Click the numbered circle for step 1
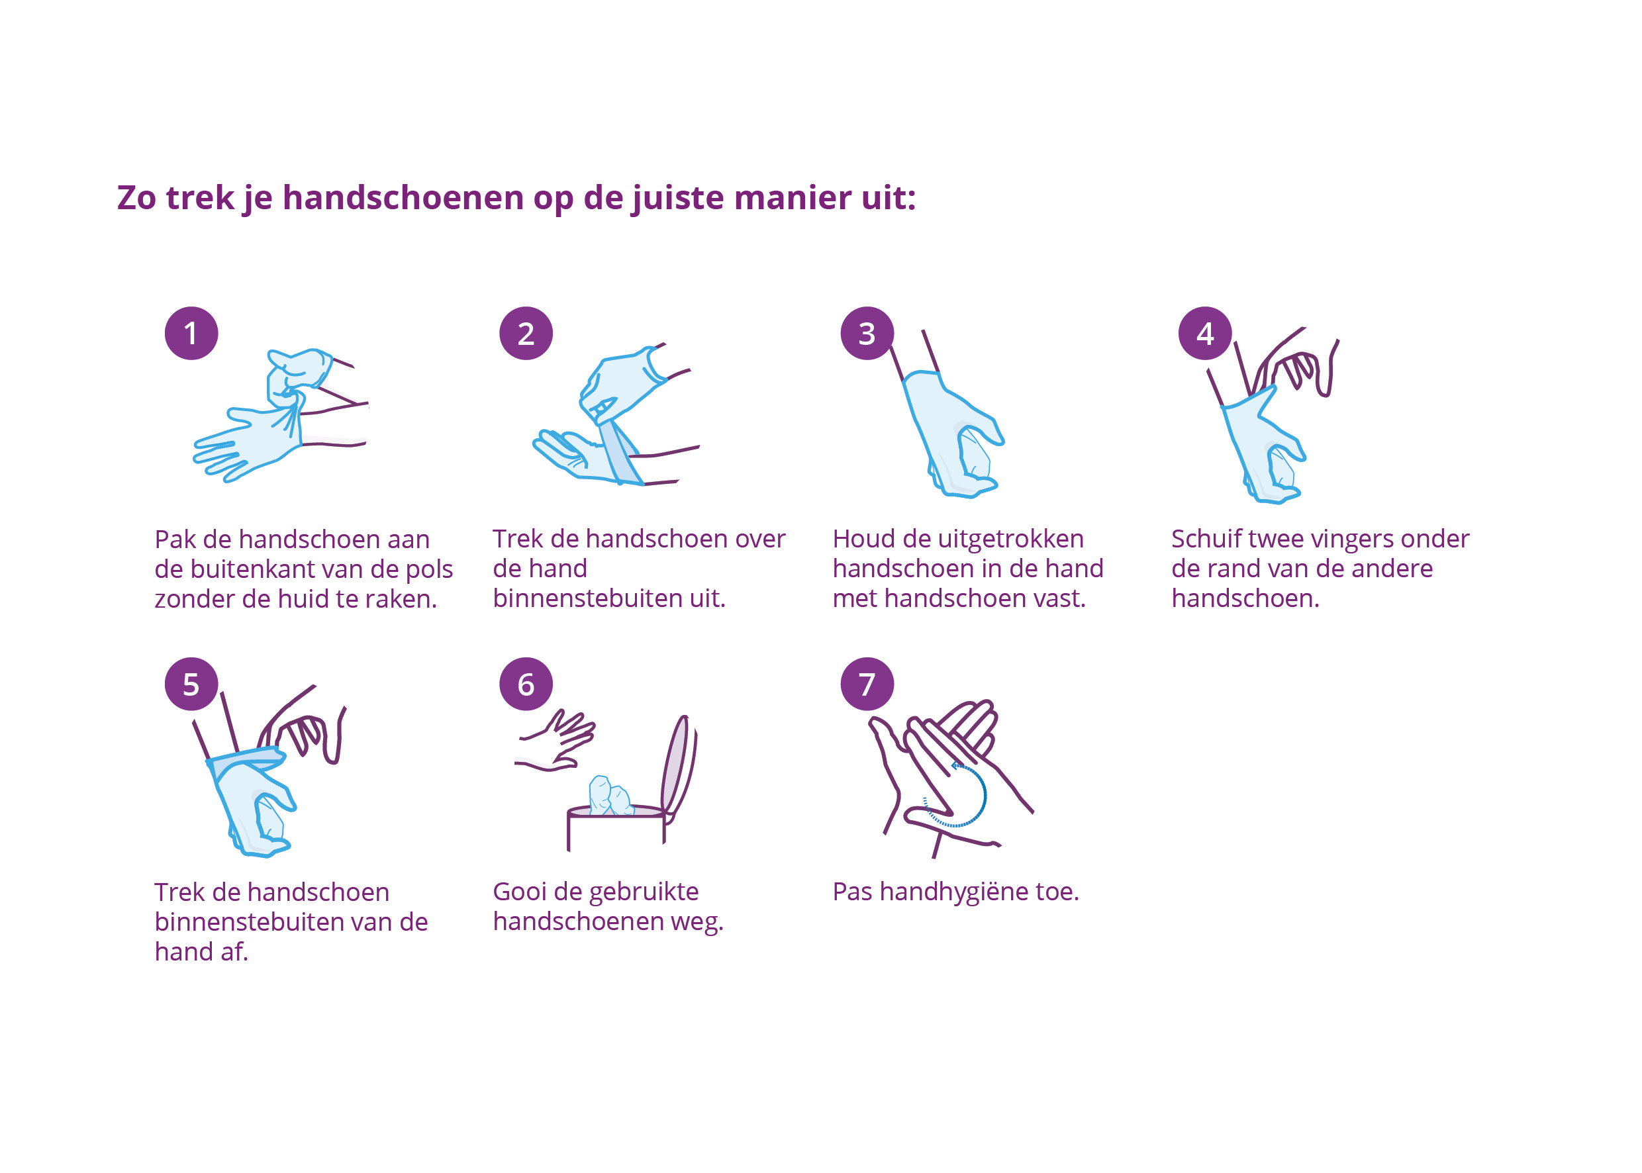191,333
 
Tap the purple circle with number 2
526,333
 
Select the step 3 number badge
867,333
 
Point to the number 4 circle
1205,333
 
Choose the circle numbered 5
191,683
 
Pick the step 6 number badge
526,683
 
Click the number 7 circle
867,683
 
